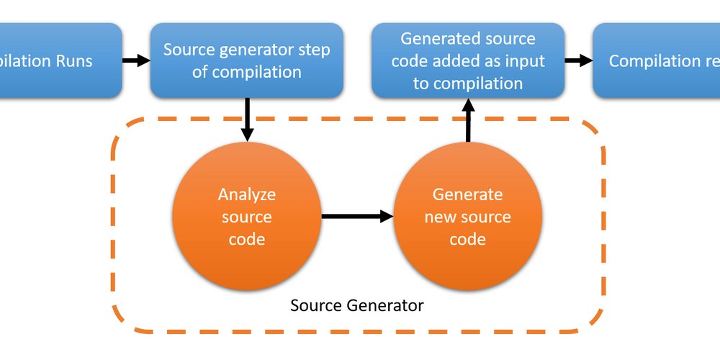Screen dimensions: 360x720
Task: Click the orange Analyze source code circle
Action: coord(246,217)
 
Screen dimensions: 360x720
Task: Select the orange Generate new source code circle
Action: coord(467,217)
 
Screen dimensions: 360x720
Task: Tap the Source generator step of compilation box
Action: coord(246,60)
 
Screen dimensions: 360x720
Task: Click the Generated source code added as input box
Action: coord(467,60)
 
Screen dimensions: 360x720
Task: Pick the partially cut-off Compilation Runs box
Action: coord(58,60)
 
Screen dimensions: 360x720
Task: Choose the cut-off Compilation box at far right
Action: coord(655,60)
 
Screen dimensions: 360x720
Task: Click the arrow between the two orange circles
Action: coord(357,216)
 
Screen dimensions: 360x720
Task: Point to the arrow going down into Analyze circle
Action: coord(247,119)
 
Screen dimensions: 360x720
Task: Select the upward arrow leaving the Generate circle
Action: coord(468,120)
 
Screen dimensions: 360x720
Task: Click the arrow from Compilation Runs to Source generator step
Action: coord(135,60)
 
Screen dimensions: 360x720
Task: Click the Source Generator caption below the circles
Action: coord(357,305)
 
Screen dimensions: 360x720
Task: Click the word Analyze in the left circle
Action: coord(247,194)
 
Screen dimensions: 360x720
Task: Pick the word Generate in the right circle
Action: coord(467,194)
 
